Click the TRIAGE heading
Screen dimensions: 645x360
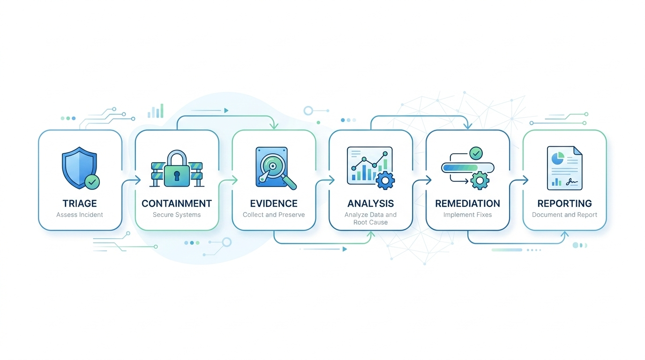[80, 203]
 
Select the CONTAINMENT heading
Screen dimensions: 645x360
[177, 203]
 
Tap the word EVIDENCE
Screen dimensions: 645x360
[274, 203]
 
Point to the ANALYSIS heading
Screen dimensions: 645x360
[371, 203]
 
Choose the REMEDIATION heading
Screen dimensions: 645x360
[468, 203]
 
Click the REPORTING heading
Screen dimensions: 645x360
[565, 203]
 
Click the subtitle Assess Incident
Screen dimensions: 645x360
[80, 215]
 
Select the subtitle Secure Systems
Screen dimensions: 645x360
[177, 215]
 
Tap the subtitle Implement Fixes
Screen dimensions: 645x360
[468, 215]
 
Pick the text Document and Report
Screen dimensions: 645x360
[565, 215]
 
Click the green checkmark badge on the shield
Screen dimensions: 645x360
[92, 182]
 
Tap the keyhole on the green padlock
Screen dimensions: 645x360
[177, 176]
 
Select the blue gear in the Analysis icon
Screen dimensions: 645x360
[385, 180]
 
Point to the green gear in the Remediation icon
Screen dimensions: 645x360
[480, 180]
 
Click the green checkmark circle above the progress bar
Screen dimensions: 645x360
[476, 153]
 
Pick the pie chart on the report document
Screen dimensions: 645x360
[558, 158]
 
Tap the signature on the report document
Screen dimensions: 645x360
[571, 182]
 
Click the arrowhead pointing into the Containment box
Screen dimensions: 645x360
[138, 180]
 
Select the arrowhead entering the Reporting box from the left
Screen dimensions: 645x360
[525, 180]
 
